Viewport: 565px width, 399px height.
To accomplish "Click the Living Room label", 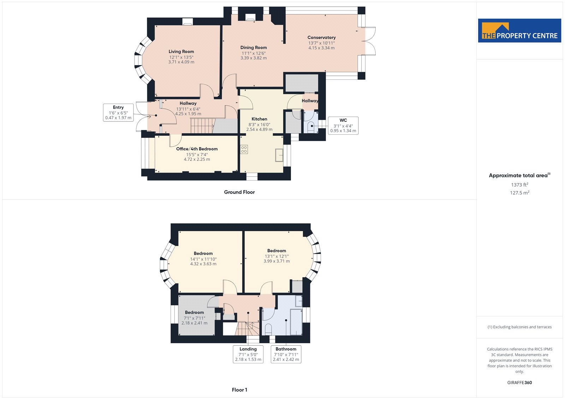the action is (181, 52).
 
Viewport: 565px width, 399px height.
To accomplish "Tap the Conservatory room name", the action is (321, 37).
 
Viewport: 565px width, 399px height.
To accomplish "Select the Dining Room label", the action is (254, 48).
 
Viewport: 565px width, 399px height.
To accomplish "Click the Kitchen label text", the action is (259, 119).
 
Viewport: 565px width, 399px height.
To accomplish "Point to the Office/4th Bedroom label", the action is (197, 149).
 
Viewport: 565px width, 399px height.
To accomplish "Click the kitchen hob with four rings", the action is (244, 150).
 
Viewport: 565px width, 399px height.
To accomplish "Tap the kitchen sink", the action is (279, 155).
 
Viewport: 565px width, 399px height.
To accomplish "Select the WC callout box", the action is (343, 126).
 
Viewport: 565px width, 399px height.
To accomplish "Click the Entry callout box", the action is (118, 113).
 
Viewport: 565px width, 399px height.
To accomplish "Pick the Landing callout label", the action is (248, 354).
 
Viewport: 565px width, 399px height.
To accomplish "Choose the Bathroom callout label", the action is (286, 354).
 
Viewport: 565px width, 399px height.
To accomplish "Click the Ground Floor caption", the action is (239, 192).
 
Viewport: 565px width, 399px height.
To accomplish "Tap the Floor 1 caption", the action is (239, 390).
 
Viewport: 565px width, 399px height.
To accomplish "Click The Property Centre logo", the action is (519, 30).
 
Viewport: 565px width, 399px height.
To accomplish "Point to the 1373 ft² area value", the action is (519, 185).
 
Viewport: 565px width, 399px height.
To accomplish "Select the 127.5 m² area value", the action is (519, 193).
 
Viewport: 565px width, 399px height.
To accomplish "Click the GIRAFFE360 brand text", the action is (519, 383).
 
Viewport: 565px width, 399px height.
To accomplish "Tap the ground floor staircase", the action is (203, 126).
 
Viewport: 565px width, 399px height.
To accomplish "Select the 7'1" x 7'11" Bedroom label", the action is (194, 318).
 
